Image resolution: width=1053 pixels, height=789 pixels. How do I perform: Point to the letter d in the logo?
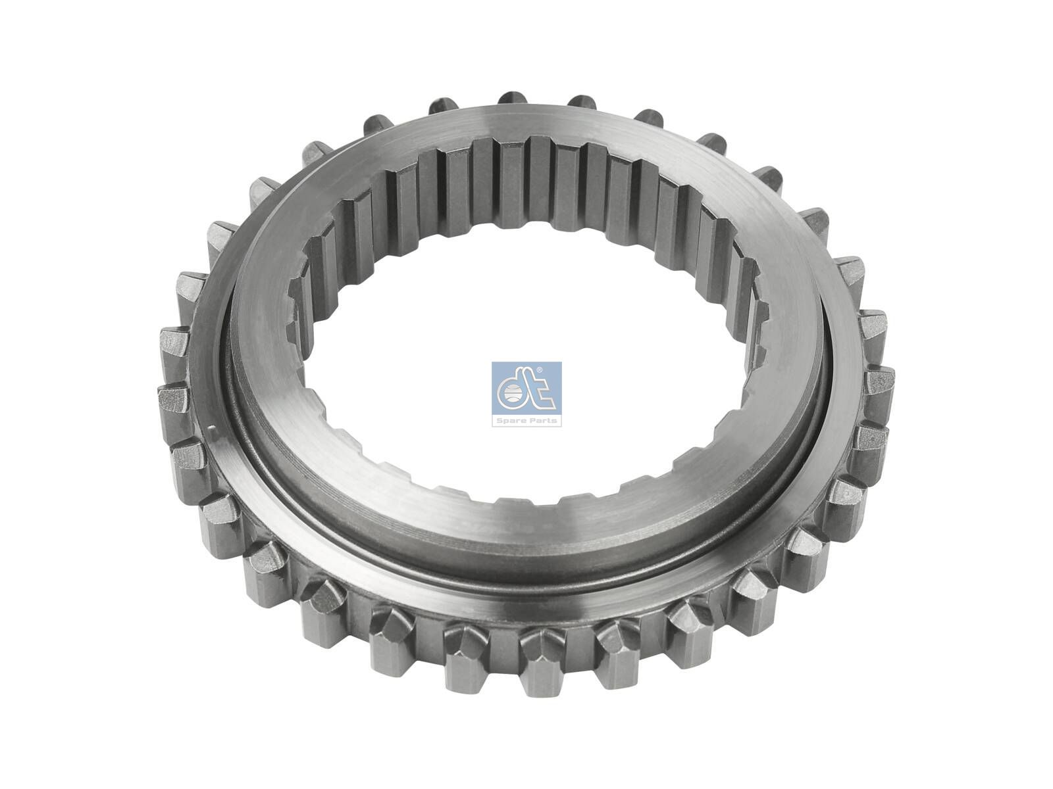pos(513,393)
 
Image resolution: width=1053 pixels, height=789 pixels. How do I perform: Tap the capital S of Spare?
pos(501,421)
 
